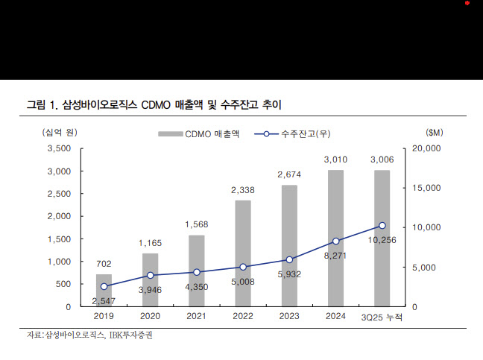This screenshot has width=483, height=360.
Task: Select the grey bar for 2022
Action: coord(243,253)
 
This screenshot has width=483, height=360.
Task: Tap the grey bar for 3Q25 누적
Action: coord(382,239)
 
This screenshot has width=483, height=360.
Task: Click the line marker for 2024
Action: coord(335,241)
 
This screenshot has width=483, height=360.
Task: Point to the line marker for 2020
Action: coord(151,275)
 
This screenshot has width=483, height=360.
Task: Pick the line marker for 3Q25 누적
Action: coord(382,225)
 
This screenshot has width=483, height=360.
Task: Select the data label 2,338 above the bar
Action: coord(243,190)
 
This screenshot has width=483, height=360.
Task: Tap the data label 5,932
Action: coord(289,275)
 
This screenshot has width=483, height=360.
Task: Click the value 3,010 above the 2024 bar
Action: coord(335,160)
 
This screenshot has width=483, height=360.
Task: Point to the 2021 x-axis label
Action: coord(197,317)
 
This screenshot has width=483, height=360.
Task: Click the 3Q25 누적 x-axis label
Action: coord(381,317)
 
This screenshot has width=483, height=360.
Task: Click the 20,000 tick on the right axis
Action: coord(427,148)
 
